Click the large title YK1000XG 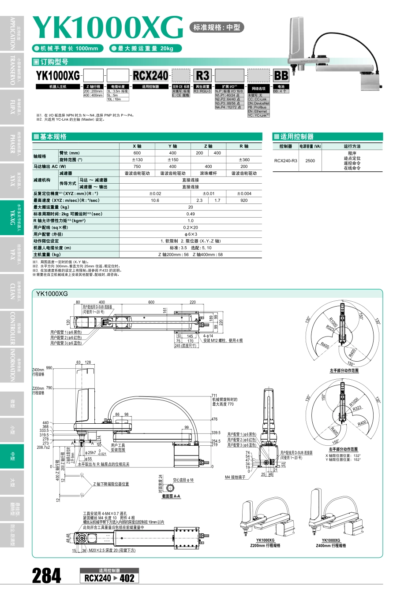(x=108, y=28)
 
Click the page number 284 (x=46, y=576)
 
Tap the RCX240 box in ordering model (x=150, y=76)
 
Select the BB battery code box (x=281, y=76)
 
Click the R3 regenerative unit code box (x=202, y=76)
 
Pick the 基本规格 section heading (x=53, y=137)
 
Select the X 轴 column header (x=137, y=146)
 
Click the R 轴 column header (x=244, y=146)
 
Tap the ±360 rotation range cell (x=244, y=160)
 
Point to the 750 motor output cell (x=137, y=166)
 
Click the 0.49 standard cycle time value (x=191, y=214)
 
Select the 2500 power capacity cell (x=310, y=161)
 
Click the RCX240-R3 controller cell (x=285, y=161)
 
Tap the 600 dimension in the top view (x=151, y=302)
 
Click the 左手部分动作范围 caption (x=344, y=370)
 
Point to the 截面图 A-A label (x=171, y=496)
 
